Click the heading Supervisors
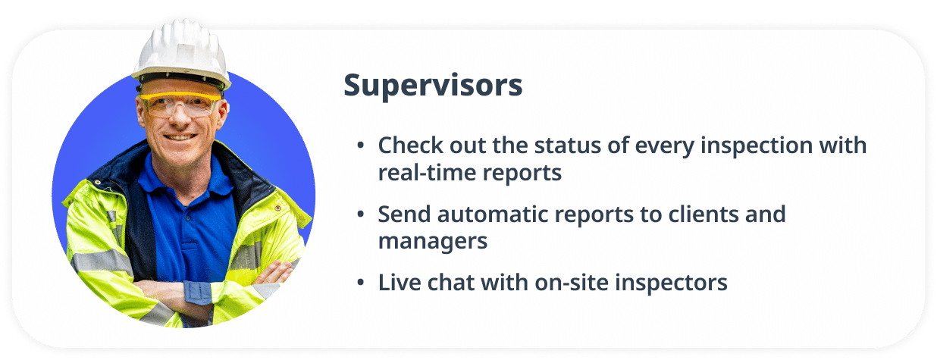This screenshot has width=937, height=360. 433,86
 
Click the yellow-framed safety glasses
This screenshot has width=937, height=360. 180,105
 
